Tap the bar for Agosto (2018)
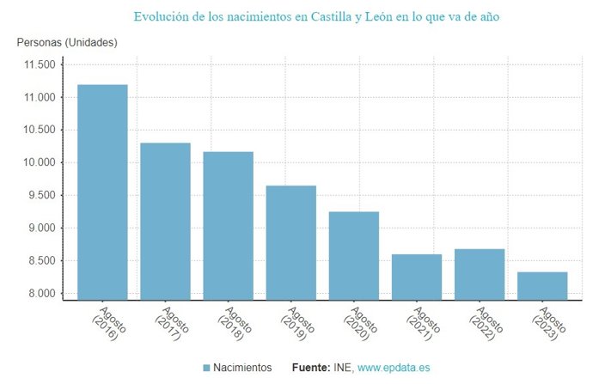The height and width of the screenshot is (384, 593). [228, 225]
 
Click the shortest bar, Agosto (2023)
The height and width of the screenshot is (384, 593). [542, 285]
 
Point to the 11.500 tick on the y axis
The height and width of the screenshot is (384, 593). [37, 65]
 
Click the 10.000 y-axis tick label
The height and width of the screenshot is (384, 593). [37, 163]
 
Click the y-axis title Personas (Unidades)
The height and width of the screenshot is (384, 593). [67, 42]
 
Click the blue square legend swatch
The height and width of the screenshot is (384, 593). [206, 368]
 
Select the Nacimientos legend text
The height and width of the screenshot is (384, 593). [243, 368]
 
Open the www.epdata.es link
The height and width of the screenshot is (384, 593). [394, 368]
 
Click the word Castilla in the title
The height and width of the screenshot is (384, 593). [355, 16]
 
